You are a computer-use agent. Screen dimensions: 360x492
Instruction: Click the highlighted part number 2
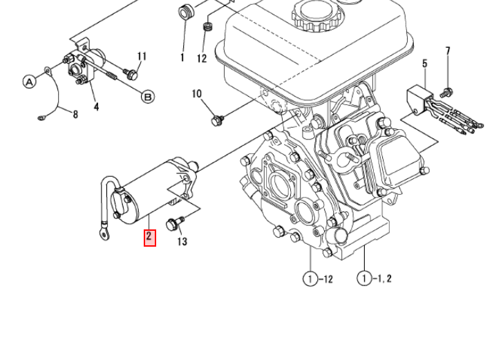pos(150,238)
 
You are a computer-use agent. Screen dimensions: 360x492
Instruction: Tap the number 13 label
pos(182,241)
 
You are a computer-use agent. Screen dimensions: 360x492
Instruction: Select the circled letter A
pos(29,82)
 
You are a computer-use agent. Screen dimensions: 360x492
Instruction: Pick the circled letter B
pos(148,97)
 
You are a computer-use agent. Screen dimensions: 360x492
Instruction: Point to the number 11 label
pos(142,57)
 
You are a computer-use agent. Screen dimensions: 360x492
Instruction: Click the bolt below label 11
pos(133,71)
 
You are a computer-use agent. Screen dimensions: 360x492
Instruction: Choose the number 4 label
pos(96,106)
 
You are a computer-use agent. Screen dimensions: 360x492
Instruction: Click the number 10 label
pos(196,94)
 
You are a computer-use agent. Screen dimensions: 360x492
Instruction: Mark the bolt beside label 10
pos(216,120)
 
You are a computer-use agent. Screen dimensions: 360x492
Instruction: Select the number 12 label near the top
pos(201,59)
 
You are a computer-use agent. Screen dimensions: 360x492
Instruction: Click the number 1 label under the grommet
pos(182,58)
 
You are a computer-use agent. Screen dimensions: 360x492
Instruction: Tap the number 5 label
pos(424,64)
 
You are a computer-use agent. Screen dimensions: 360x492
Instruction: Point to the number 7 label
pos(447,51)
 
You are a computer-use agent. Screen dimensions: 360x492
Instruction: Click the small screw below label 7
pos(446,91)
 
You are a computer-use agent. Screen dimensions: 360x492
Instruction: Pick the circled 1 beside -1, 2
pos(363,278)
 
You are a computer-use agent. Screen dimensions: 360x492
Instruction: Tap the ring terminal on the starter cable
pos(104,236)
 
